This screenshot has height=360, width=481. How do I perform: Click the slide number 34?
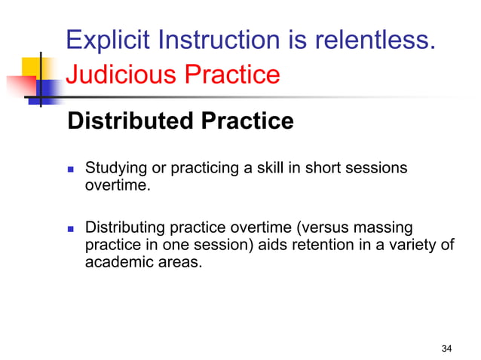tap(446, 348)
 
